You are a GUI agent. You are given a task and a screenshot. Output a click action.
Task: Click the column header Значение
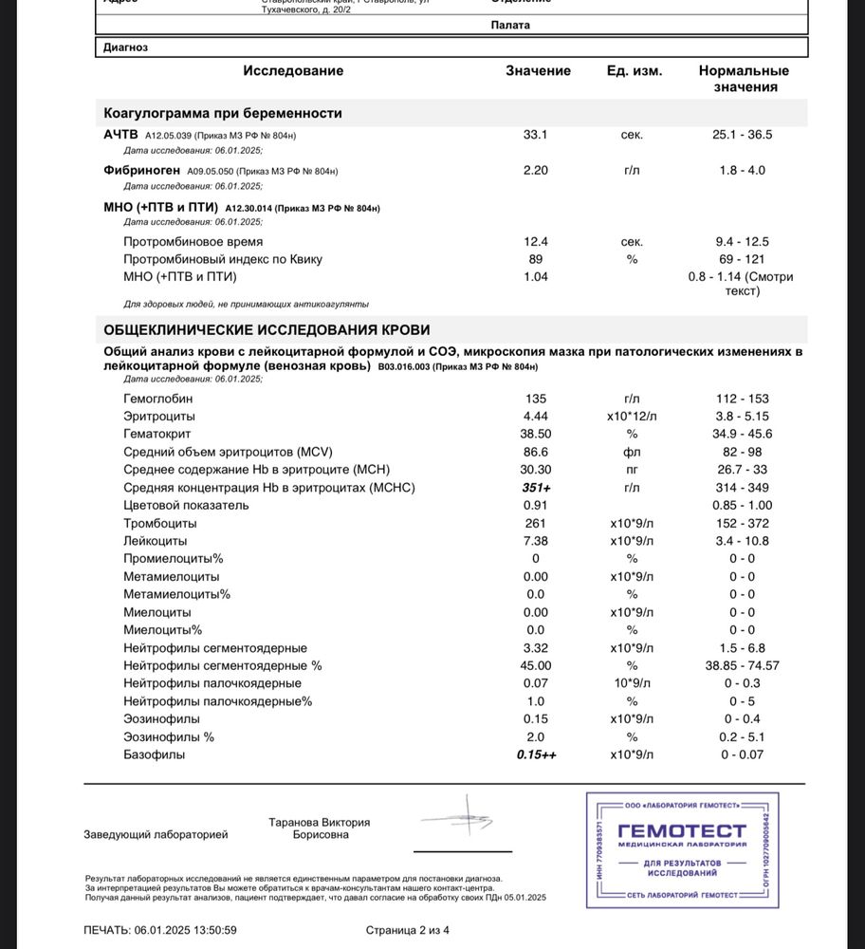pyautogui.click(x=538, y=71)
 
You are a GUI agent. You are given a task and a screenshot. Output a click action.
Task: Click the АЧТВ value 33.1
pyautogui.click(x=536, y=135)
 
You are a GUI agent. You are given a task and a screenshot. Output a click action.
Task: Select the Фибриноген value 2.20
pyautogui.click(x=536, y=171)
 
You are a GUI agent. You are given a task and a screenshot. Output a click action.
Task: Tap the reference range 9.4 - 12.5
pyautogui.click(x=743, y=242)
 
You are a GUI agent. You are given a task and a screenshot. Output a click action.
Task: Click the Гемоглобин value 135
pyautogui.click(x=536, y=399)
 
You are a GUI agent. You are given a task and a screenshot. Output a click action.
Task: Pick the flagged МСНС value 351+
pyautogui.click(x=536, y=488)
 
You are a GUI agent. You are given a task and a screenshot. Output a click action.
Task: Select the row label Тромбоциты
pyautogui.click(x=160, y=523)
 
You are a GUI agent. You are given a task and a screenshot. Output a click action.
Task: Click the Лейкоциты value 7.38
pyautogui.click(x=536, y=541)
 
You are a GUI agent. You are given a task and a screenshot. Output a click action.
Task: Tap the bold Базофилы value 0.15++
pyautogui.click(x=536, y=754)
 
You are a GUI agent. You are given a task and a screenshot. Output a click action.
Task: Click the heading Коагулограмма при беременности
pyautogui.click(x=223, y=113)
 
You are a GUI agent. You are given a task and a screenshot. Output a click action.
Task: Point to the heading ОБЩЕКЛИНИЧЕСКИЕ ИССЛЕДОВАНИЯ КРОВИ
pyautogui.click(x=267, y=330)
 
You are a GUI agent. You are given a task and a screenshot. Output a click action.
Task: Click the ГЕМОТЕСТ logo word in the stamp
pyautogui.click(x=681, y=831)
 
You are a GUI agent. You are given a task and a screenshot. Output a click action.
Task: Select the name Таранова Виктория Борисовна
pyautogui.click(x=319, y=828)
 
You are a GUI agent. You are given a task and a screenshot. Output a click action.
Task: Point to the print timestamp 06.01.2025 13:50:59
pyautogui.click(x=186, y=930)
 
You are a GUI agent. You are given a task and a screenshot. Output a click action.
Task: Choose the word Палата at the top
pyautogui.click(x=511, y=26)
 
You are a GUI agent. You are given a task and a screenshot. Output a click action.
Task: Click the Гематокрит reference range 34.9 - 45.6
pyautogui.click(x=743, y=434)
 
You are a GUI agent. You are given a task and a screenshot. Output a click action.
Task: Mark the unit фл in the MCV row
pyautogui.click(x=632, y=452)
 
